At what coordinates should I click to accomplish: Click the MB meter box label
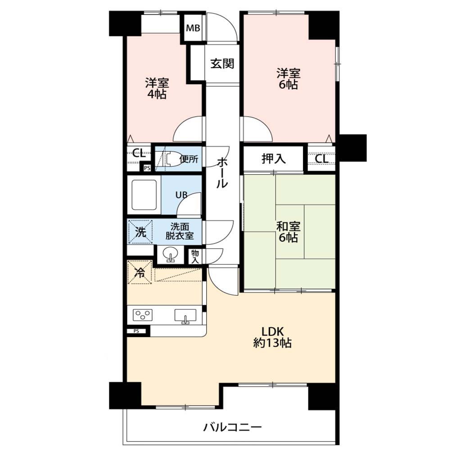(193, 28)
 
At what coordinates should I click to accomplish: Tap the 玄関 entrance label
(222, 63)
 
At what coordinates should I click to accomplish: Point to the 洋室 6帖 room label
(289, 78)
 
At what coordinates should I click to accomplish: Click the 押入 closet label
(273, 159)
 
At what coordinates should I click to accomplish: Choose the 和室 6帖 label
(289, 232)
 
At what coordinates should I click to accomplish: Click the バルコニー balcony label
(233, 427)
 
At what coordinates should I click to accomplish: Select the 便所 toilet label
(189, 159)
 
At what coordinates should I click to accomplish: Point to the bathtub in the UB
(144, 194)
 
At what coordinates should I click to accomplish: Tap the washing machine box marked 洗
(140, 232)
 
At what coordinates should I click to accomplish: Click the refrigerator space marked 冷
(140, 272)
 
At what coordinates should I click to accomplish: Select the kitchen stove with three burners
(143, 315)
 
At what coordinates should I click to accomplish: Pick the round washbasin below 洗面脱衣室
(170, 254)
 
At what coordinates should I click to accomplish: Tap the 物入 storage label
(195, 256)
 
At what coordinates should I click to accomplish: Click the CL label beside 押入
(321, 159)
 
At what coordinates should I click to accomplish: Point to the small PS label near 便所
(147, 168)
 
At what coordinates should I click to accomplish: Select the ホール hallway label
(222, 173)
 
